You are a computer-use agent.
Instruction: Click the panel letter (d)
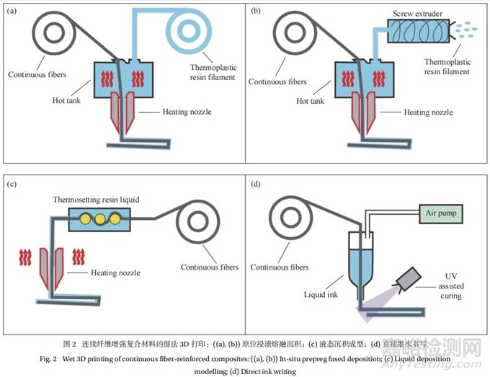click(x=254, y=183)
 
